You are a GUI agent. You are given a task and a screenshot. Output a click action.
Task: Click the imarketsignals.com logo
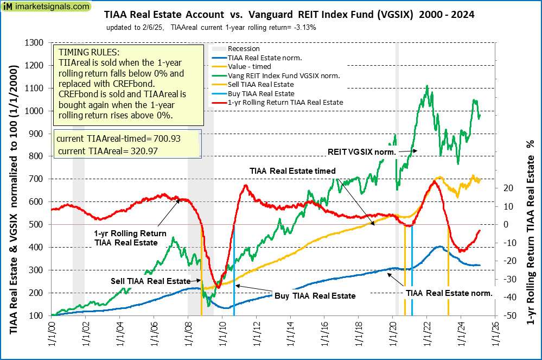pos(46,8)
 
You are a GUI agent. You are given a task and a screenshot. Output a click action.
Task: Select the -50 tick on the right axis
pos(508,315)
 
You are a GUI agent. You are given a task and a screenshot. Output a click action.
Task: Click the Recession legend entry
pos(244,48)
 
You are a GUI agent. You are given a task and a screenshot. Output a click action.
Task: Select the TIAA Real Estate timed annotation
pos(292,170)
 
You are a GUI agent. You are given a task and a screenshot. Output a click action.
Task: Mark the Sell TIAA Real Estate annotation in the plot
pos(150,281)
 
